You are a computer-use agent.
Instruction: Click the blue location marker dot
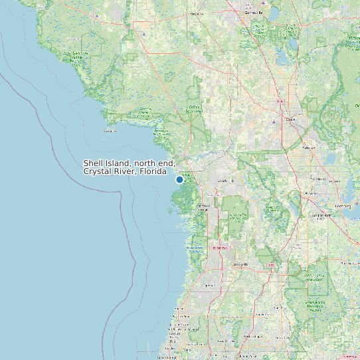tap(179, 179)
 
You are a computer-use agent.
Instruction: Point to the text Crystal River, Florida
tap(124, 171)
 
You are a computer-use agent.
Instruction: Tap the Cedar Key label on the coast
tap(110, 131)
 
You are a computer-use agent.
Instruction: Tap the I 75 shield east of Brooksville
tap(271, 265)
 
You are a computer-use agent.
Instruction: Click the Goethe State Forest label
tap(195, 108)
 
